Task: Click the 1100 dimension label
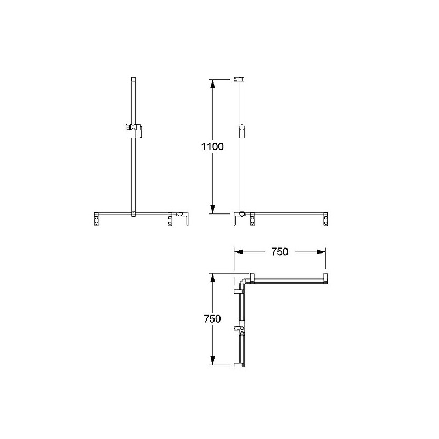[x=212, y=147]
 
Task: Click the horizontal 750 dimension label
[x=279, y=252]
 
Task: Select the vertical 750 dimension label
[x=212, y=319]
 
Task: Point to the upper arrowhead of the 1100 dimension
[x=212, y=84]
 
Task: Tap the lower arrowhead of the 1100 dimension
[x=212, y=209]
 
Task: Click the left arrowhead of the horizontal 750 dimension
[x=239, y=252]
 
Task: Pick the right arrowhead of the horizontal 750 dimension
[x=321, y=252]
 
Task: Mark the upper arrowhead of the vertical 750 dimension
[x=212, y=278]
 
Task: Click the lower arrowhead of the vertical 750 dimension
[x=212, y=361]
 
